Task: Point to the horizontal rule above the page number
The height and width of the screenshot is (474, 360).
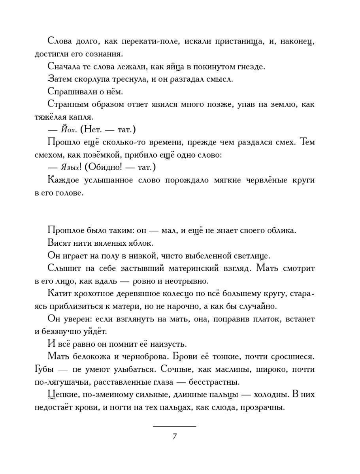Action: point(174,427)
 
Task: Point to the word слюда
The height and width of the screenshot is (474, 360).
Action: point(228,407)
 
